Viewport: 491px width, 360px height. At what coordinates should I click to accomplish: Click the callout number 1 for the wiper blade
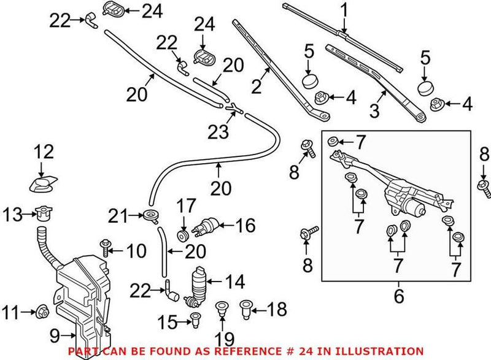[x=344, y=10]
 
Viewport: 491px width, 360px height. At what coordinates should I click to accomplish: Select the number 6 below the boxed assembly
[x=398, y=298]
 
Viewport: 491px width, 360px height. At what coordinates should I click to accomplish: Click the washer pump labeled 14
[x=200, y=284]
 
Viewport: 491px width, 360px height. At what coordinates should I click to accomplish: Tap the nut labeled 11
[x=44, y=312]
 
